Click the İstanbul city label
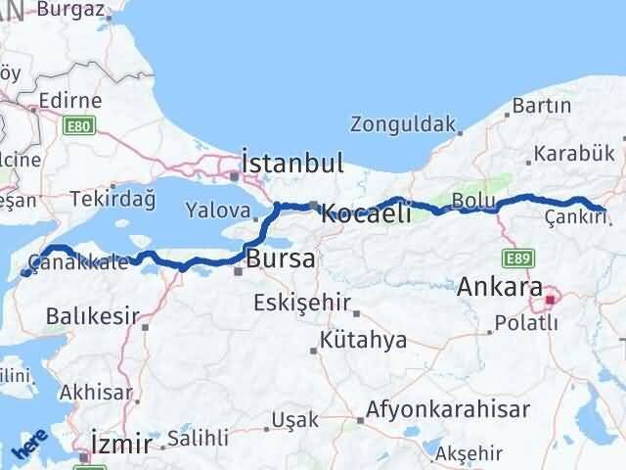[x=292, y=164]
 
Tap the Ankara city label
[x=499, y=288]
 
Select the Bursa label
[x=281, y=259]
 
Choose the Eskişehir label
[x=301, y=302]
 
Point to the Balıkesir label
[x=94, y=316]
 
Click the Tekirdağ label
[x=112, y=200]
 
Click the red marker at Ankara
[x=552, y=300]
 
